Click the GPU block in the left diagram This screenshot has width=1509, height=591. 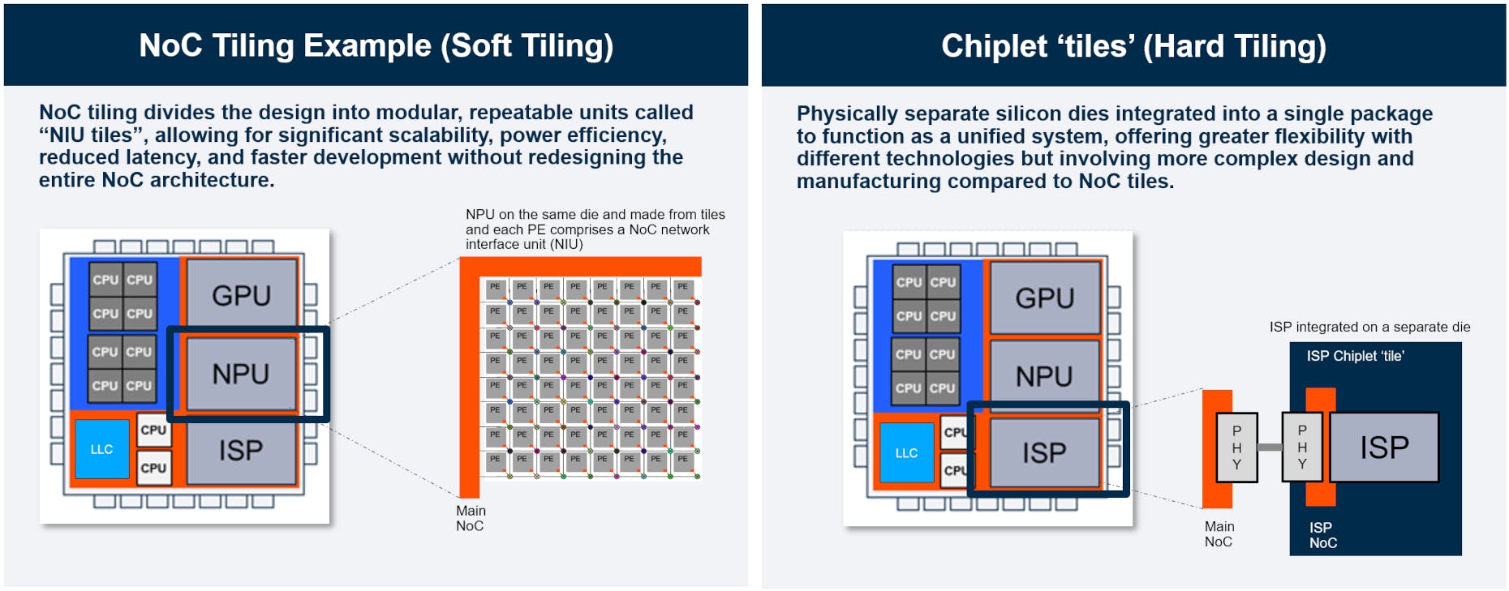pos(241,295)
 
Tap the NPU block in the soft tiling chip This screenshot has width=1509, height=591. pos(241,374)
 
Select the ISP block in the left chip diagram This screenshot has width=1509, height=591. pos(241,450)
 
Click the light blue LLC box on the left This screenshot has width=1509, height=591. pos(102,449)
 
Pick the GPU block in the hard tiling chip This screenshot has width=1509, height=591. pos(1044,298)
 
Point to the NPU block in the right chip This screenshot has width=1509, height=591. pos(1044,376)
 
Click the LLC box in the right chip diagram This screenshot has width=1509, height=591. pos(906,453)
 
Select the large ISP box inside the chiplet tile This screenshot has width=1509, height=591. pos(1384,448)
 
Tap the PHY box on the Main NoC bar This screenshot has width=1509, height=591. pos(1236,448)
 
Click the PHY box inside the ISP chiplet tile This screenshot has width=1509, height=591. pos(1301,448)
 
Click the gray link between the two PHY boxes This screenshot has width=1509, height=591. pos(1270,448)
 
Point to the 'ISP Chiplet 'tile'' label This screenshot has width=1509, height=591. pos(1355,356)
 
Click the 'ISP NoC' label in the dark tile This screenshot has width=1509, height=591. pos(1322,535)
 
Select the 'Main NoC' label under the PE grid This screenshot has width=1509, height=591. pos(471,518)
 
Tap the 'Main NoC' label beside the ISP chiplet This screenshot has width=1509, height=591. pos(1219,534)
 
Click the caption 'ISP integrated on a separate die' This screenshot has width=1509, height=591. pos(1369,327)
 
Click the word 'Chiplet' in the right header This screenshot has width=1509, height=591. pos(994,46)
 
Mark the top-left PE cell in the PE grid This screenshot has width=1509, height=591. pos(495,287)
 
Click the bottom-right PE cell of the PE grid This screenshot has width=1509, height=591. pos(683,460)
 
